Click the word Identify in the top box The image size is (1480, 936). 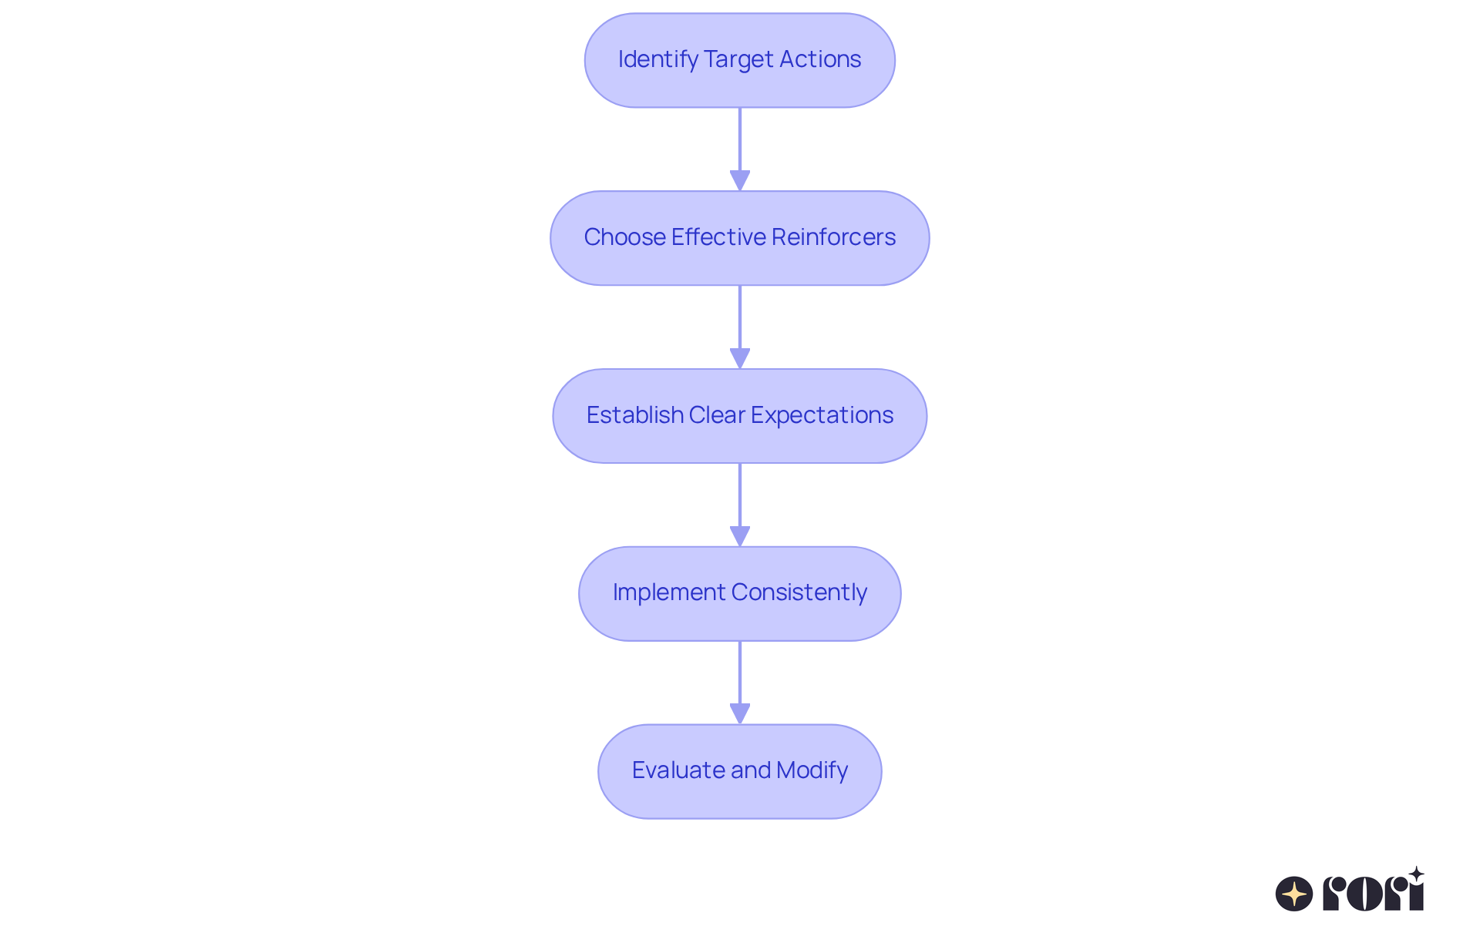pyautogui.click(x=658, y=59)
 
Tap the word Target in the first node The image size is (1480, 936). pyautogui.click(x=738, y=59)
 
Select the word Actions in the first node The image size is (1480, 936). pyautogui.click(x=820, y=59)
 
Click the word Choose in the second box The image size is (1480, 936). pyautogui.click(x=624, y=237)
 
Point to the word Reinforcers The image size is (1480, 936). pyautogui.click(x=833, y=237)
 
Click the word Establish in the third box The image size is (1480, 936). pyautogui.click(x=634, y=415)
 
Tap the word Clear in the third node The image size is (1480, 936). pyautogui.click(x=717, y=415)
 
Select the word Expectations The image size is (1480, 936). pyautogui.click(x=822, y=415)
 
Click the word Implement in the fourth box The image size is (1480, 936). pyautogui.click(x=669, y=592)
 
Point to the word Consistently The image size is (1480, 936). pyautogui.click(x=799, y=592)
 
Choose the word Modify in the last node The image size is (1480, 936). pyautogui.click(x=812, y=770)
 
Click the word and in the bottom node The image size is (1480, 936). pyautogui.click(x=752, y=770)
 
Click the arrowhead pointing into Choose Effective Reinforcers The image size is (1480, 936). pyautogui.click(x=740, y=180)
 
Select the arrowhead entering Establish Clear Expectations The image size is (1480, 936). pyautogui.click(x=740, y=358)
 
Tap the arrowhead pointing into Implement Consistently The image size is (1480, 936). pyautogui.click(x=740, y=536)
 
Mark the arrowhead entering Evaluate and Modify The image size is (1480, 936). pyautogui.click(x=740, y=713)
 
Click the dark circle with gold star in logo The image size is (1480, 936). pyautogui.click(x=1294, y=894)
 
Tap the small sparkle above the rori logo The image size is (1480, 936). pyautogui.click(x=1416, y=874)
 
